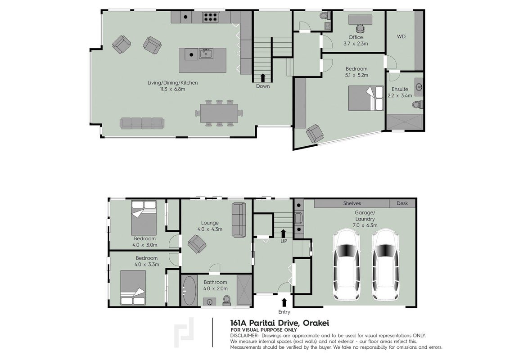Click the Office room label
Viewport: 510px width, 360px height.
tap(356, 37)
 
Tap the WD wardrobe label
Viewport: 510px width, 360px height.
tap(401, 37)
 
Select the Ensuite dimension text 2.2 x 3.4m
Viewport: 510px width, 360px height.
tap(400, 95)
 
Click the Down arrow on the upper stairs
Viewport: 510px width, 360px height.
tap(262, 78)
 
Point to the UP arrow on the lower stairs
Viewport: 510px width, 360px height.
tap(283, 233)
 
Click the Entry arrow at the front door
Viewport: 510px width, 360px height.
tap(284, 302)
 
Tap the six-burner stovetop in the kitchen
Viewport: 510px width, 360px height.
tap(211, 17)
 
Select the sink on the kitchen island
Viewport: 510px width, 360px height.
tap(206, 54)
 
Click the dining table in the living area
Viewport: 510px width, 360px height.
tap(219, 113)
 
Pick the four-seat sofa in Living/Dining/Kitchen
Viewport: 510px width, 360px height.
tap(142, 123)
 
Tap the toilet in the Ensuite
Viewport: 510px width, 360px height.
tap(417, 104)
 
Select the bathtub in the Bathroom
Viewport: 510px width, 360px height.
tap(189, 290)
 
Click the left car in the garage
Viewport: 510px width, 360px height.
tap(347, 265)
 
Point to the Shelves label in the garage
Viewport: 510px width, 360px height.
tap(352, 203)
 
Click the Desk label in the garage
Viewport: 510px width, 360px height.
tap(402, 203)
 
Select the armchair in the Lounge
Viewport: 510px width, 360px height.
tap(197, 244)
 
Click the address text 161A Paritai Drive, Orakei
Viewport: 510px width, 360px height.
tap(280, 323)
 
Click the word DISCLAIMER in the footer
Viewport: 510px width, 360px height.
tap(244, 336)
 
